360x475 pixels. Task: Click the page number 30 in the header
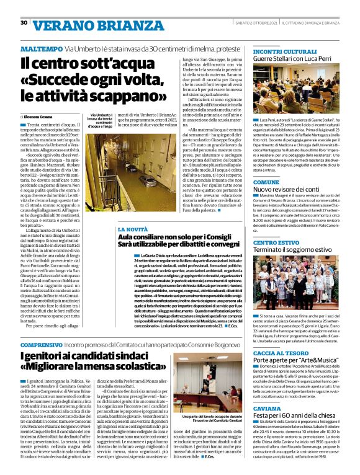coord(24,23)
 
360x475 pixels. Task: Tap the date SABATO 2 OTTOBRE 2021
coord(254,23)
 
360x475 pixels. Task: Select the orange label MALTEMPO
coord(40,48)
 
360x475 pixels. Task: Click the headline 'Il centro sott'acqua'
coord(79,63)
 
